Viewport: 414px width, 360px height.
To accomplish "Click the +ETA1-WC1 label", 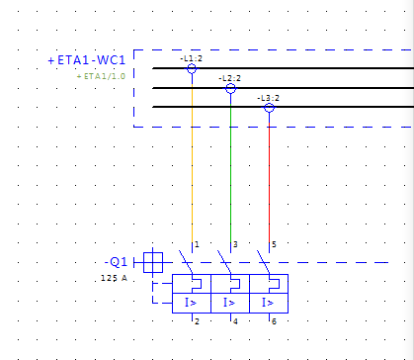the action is pos(87,60).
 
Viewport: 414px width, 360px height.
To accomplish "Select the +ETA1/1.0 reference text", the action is pos(101,76).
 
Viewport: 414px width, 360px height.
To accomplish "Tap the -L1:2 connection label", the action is pos(191,58).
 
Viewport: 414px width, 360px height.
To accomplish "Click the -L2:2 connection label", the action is pos(229,78).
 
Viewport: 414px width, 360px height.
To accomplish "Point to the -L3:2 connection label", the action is pos(268,98).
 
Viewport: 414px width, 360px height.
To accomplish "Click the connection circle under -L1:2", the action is pos(192,64).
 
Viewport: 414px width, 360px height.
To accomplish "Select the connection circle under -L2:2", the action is pos(230,84).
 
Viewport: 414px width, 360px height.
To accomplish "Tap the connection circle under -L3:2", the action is pos(269,104).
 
